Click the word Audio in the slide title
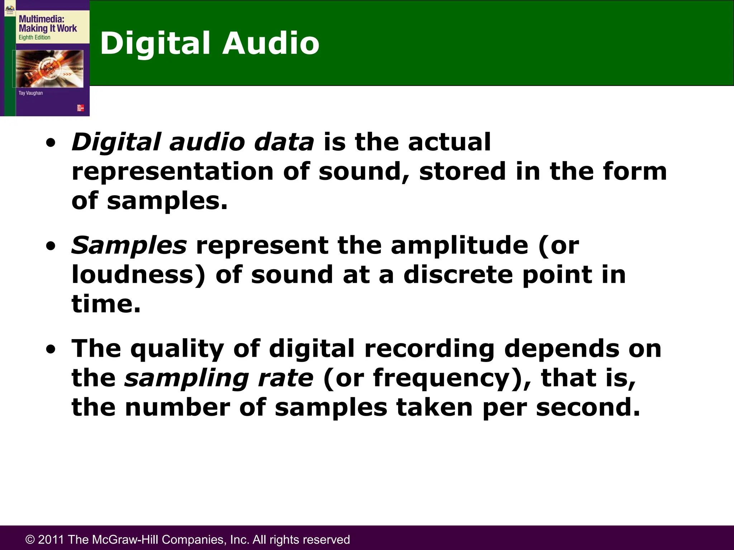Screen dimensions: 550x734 (271, 43)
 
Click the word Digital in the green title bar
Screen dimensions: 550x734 (155, 43)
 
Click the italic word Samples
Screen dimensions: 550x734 (129, 246)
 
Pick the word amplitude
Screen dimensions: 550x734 (459, 246)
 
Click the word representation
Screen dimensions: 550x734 (173, 172)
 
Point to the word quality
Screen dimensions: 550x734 (177, 349)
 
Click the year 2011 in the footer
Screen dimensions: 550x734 (51, 540)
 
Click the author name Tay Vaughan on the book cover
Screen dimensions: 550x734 (30, 93)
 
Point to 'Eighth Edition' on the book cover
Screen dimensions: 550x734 (34, 37)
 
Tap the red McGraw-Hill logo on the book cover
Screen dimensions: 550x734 (81, 108)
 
